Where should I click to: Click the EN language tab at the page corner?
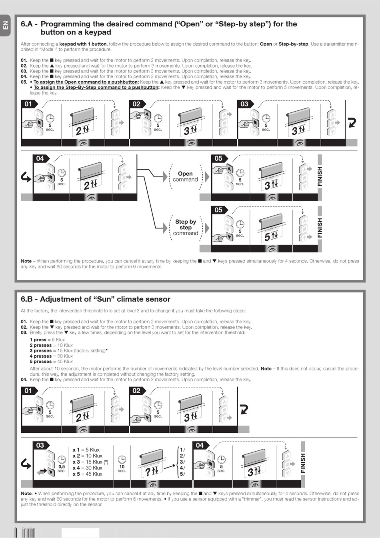pyautogui.click(x=5, y=25)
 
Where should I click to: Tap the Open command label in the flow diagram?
pyautogui.click(x=185, y=176)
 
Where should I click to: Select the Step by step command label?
pyautogui.click(x=186, y=227)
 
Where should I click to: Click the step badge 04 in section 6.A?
pyautogui.click(x=40, y=158)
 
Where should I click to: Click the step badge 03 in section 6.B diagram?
pyautogui.click(x=40, y=445)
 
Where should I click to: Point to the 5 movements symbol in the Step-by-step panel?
pyautogui.click(x=271, y=236)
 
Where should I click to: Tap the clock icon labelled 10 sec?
pyautogui.click(x=122, y=460)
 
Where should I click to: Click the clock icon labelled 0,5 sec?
pyautogui.click(x=62, y=460)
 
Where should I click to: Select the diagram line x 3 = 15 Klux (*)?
pyautogui.click(x=90, y=462)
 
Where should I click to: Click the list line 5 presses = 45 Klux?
pyautogui.click(x=51, y=362)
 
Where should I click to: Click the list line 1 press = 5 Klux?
pyautogui.click(x=47, y=340)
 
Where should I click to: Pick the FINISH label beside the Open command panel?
pyautogui.click(x=320, y=176)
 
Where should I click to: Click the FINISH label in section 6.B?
pyautogui.click(x=303, y=463)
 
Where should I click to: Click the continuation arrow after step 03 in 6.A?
pyautogui.click(x=352, y=122)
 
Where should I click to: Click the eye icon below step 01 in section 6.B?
pyautogui.click(x=83, y=429)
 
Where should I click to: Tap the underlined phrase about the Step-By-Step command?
pyautogui.click(x=96, y=88)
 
